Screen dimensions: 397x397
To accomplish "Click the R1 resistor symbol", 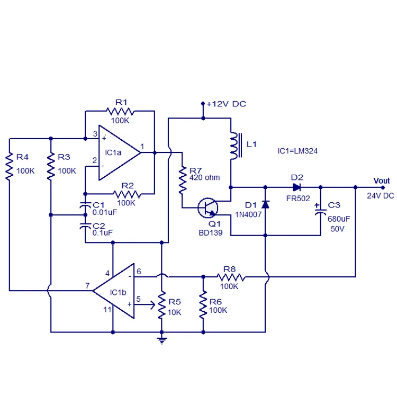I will coord(120,111).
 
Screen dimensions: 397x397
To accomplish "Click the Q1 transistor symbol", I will coord(207,207).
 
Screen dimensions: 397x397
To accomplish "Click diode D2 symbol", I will coord(297,186).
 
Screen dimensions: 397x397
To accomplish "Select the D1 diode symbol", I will coord(264,204).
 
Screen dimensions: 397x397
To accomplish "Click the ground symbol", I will coord(161,339).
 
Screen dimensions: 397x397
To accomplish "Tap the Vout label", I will coord(381,181).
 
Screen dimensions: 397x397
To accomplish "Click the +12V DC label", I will coord(226,104).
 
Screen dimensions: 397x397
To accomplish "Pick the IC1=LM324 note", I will coord(297,151).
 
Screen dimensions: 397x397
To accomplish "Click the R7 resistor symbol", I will coord(182,181).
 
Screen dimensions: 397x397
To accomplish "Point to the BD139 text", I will coord(211,232).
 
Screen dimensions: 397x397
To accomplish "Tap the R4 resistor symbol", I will coord(10,167).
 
